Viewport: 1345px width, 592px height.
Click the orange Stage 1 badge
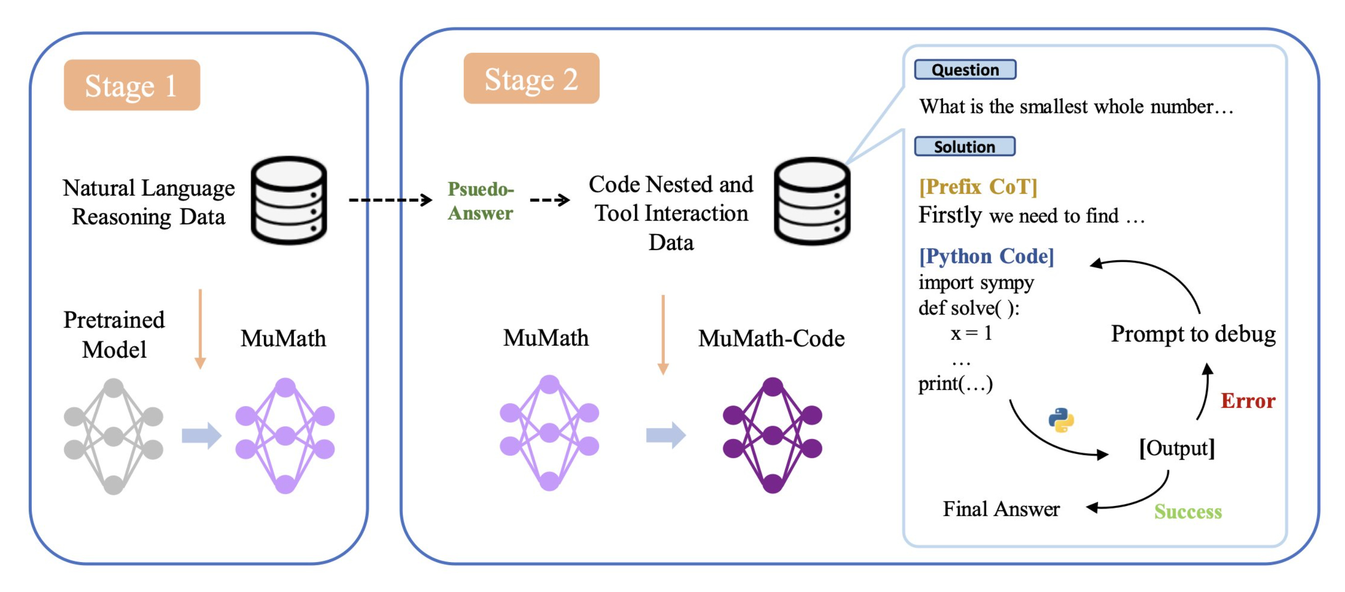tap(132, 85)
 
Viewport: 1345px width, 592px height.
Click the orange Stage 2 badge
tap(531, 78)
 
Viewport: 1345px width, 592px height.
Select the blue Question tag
tap(965, 69)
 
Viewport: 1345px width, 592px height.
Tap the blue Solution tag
tap(965, 147)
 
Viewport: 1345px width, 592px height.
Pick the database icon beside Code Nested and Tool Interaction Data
tap(812, 202)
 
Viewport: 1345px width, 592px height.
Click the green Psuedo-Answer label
tap(481, 201)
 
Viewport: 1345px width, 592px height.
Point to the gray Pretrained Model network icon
tap(113, 436)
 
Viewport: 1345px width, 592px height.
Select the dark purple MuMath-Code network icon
tap(772, 435)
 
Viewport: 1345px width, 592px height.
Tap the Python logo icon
tap(1061, 420)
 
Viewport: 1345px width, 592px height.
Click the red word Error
tap(1248, 401)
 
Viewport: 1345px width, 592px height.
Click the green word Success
tap(1188, 512)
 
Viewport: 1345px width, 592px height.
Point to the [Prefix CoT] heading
tap(978, 186)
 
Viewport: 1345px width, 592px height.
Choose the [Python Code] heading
tap(986, 256)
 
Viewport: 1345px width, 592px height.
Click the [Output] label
tap(1177, 449)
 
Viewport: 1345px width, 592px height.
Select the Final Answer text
tap(1001, 508)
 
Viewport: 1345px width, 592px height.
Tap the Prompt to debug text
tap(1193, 334)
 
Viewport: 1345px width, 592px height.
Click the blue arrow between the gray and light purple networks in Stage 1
tap(201, 435)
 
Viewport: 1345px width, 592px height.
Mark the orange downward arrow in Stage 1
tap(200, 329)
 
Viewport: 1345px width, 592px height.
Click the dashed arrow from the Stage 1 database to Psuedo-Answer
tap(390, 200)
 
